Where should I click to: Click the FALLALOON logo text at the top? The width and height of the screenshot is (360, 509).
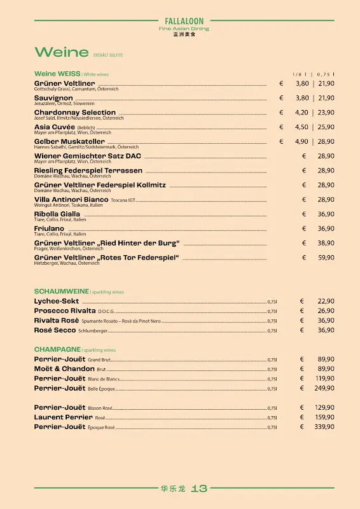coord(183,21)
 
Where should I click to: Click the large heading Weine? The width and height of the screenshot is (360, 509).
coord(61,52)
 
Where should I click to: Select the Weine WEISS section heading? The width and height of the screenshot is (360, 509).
coord(57,74)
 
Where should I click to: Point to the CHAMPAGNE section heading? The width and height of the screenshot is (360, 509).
coord(57,349)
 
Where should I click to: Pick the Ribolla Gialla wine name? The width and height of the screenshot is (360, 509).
coord(57,214)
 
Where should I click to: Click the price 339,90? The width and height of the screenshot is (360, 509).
coord(324,427)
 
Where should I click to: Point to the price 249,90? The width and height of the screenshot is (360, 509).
coord(324,388)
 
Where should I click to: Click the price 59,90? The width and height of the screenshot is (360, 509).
coord(326,258)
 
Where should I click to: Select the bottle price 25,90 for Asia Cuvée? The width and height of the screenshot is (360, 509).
coord(326,127)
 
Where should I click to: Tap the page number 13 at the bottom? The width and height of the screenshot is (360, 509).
coord(199,489)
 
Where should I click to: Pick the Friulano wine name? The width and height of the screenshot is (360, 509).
coord(50,228)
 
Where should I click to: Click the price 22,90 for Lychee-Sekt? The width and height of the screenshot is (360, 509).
coord(326,301)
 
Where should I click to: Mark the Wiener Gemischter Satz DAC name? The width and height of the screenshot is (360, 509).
coord(88,156)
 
